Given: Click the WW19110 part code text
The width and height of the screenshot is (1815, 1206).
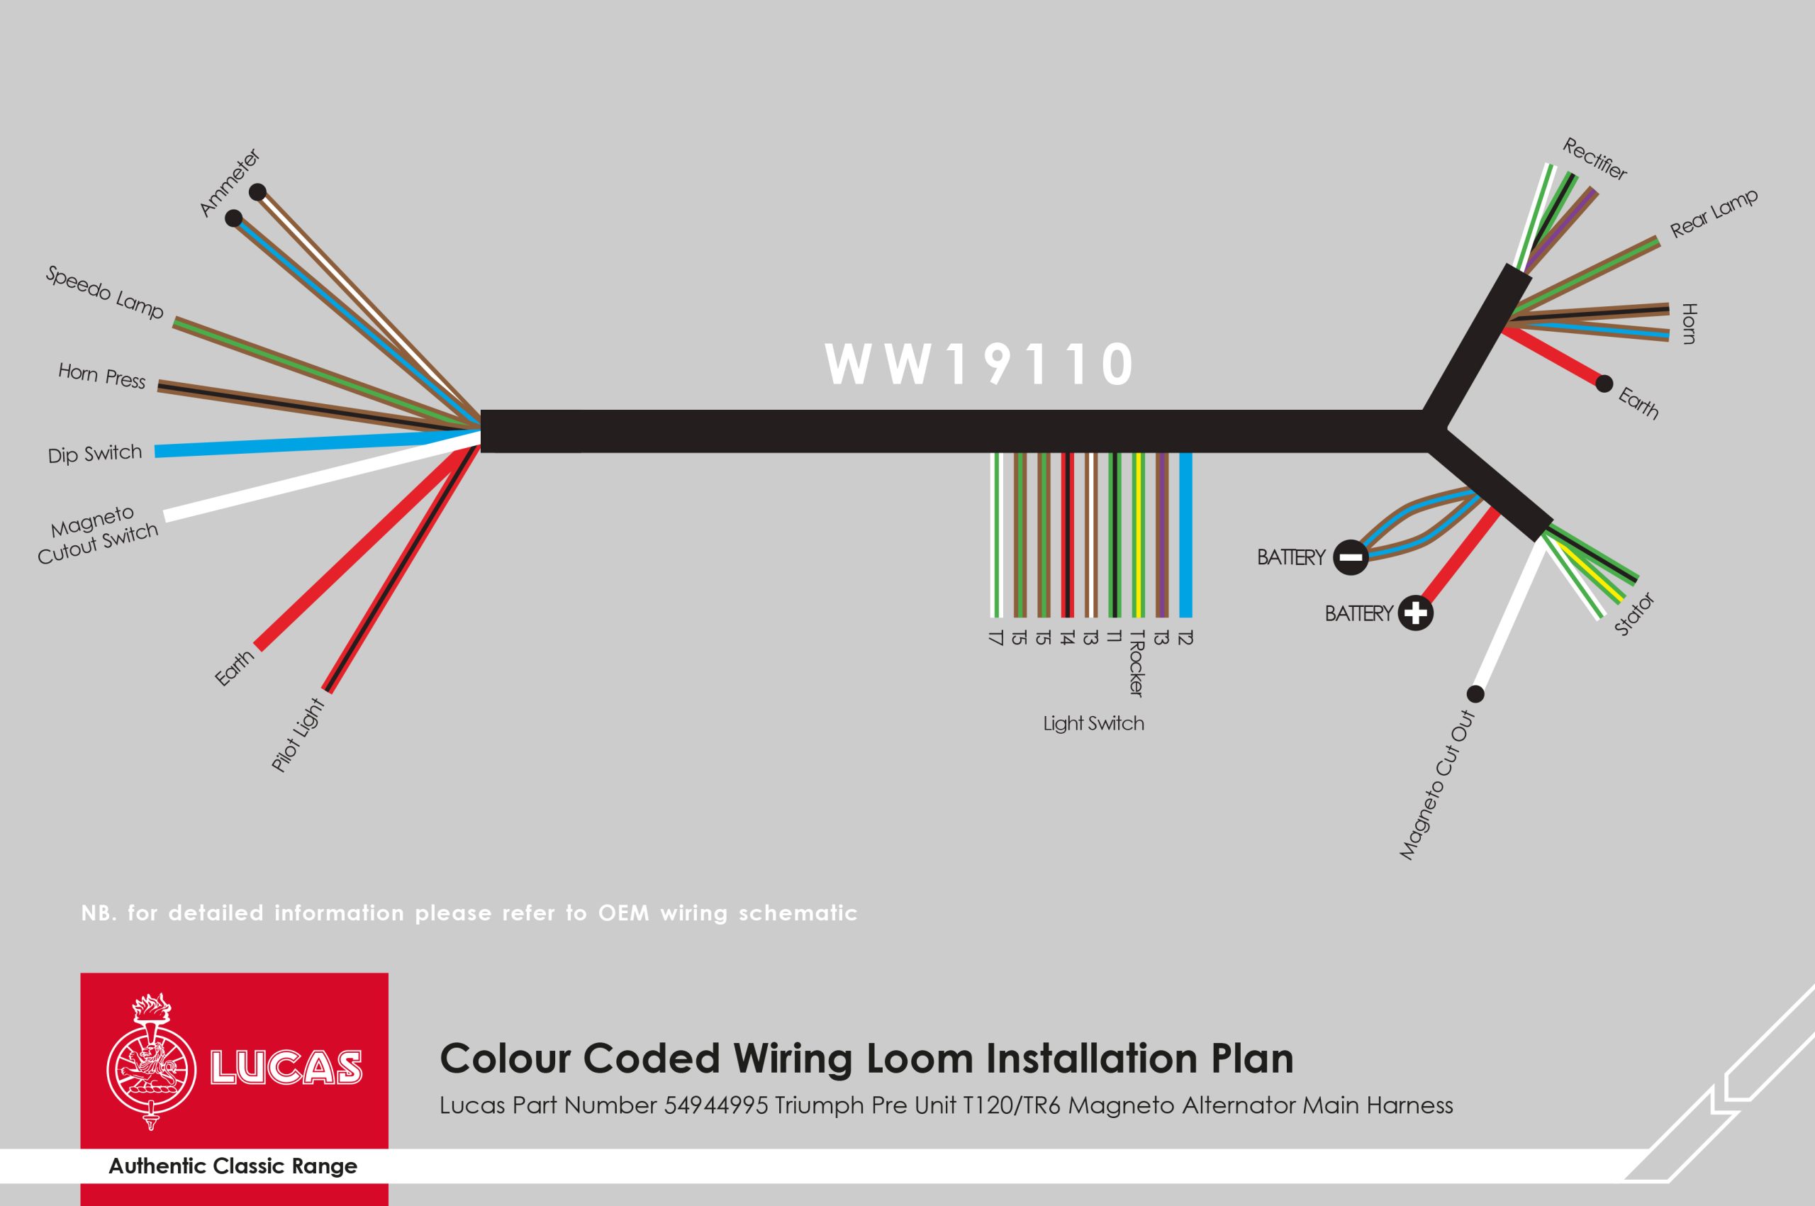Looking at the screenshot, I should (x=979, y=364).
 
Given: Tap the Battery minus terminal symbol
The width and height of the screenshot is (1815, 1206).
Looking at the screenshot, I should (x=1351, y=557).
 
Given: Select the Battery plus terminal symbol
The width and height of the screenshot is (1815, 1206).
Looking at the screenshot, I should (x=1415, y=614).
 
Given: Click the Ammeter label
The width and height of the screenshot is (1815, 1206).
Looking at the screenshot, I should (x=229, y=182).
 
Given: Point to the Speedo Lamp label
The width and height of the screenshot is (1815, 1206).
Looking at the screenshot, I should (x=105, y=292).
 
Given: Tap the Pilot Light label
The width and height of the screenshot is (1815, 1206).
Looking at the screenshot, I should (x=298, y=735).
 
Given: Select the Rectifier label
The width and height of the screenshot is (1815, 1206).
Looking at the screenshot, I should (x=1595, y=160).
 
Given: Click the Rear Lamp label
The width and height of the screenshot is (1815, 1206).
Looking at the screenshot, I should (x=1714, y=213).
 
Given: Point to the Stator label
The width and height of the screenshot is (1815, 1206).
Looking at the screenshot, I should (x=1633, y=615).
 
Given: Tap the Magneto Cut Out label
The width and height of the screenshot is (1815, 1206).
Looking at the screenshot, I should (x=1437, y=786).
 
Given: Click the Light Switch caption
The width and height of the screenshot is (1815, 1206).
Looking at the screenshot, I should (x=1093, y=724).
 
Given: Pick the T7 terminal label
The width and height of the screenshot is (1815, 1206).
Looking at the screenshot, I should (x=996, y=637).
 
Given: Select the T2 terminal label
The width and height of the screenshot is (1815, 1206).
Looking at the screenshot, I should (x=1185, y=637).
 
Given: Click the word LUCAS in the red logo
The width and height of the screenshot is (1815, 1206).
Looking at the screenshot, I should (x=285, y=1067).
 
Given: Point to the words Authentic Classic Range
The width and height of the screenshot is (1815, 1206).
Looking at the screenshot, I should (x=233, y=1166).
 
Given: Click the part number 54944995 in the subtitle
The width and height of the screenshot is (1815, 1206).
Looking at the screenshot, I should (x=715, y=1106).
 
